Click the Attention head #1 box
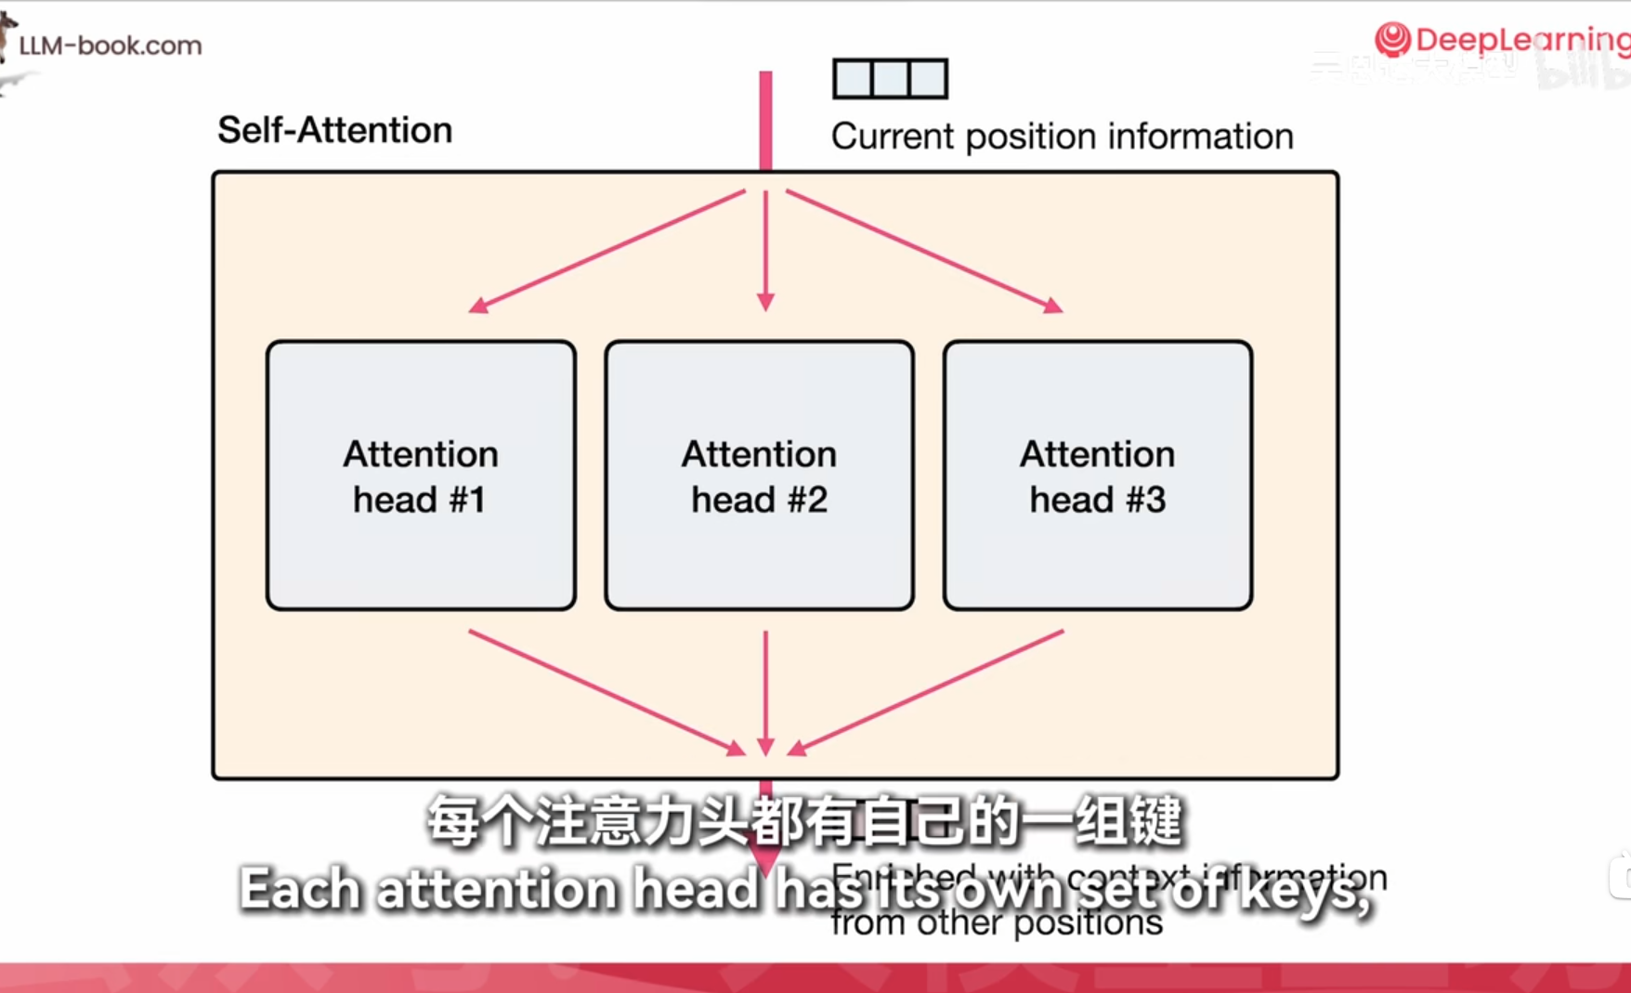pos(421,476)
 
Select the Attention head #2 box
pos(759,476)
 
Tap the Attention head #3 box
pos(1097,476)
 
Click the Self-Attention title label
pos(334,130)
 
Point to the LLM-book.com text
pos(110,46)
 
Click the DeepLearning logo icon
pos(1392,40)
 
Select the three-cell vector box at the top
pos(890,79)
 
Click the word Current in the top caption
pos(893,137)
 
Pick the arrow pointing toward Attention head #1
pos(608,251)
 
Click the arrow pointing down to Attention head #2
pos(765,251)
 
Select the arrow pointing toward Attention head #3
pos(924,251)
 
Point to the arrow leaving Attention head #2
pos(765,692)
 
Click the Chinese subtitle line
pos(804,822)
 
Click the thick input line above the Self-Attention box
pos(765,121)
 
